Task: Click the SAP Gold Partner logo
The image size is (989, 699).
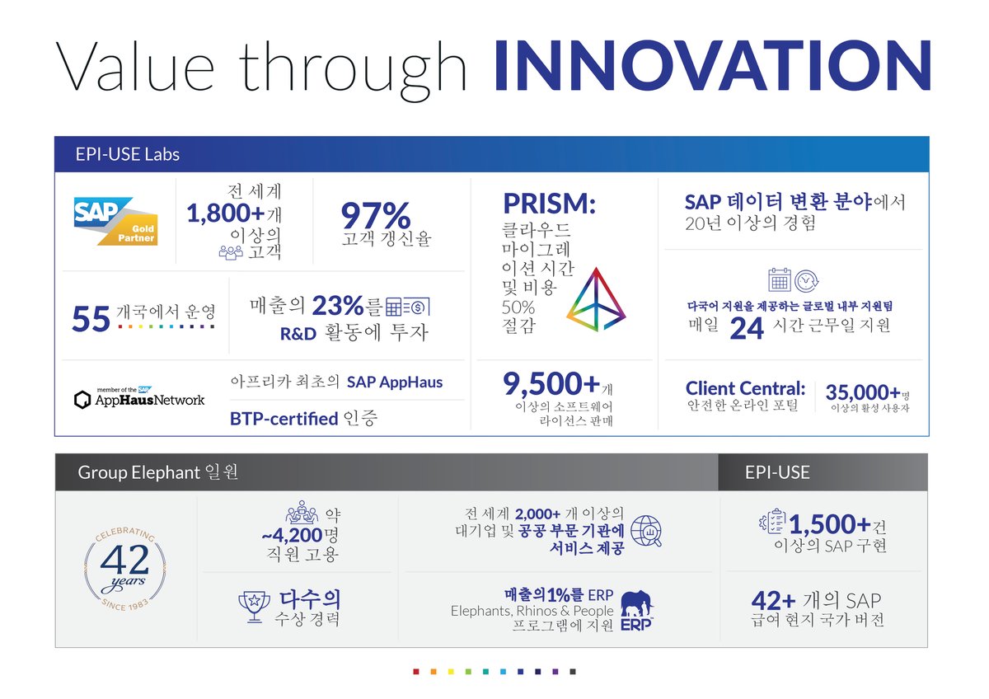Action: point(115,220)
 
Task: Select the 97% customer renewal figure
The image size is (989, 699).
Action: point(375,216)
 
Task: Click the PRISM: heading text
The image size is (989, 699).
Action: point(549,204)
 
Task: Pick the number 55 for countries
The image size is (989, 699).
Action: point(91,319)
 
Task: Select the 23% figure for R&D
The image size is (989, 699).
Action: point(338,307)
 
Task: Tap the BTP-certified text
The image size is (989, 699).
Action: point(284,419)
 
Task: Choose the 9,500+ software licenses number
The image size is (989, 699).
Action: point(551,384)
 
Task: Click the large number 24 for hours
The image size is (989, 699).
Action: point(747,327)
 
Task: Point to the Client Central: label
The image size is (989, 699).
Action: point(745,388)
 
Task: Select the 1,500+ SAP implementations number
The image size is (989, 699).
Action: point(830,524)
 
